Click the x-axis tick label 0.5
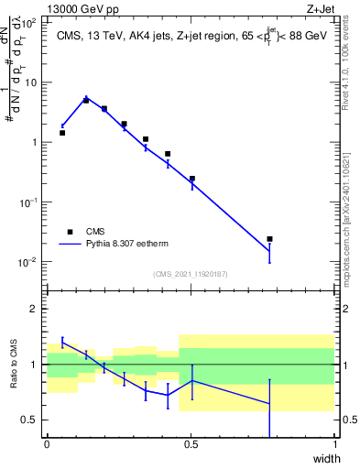191,445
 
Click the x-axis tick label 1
335,445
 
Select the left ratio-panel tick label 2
36,309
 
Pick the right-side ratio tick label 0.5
348,420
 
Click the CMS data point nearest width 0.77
269,239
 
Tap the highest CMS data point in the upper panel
86,101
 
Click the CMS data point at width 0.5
191,179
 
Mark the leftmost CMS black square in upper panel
62,133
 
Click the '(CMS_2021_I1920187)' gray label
191,274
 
